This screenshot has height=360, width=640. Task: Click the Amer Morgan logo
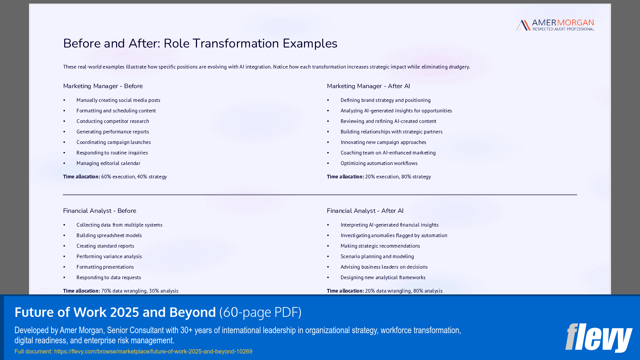(x=555, y=25)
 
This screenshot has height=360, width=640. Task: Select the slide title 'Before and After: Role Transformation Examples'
(x=200, y=44)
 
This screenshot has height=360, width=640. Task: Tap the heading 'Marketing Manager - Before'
(x=103, y=86)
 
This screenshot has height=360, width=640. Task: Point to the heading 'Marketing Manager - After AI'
(x=368, y=86)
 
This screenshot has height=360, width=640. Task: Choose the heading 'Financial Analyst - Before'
(x=99, y=211)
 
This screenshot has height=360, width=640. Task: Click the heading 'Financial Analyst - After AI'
(x=365, y=211)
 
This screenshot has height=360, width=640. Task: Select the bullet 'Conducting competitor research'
(x=112, y=121)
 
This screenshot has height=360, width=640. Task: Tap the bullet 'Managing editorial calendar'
(x=108, y=163)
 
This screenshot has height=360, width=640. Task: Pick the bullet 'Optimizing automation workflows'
(x=379, y=163)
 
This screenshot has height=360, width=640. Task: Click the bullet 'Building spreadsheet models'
(x=109, y=235)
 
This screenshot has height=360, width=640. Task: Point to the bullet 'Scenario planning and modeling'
(x=377, y=256)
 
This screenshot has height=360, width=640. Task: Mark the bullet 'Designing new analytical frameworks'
(x=383, y=277)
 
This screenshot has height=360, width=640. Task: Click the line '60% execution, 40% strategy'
(x=134, y=177)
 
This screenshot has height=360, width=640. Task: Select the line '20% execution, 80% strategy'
(x=398, y=177)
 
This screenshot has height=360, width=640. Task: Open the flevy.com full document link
(x=153, y=351)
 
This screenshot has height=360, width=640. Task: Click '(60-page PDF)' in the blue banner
(x=260, y=312)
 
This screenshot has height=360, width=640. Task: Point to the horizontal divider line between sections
(x=320, y=195)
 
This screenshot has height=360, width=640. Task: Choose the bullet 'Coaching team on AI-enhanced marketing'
(x=388, y=153)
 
